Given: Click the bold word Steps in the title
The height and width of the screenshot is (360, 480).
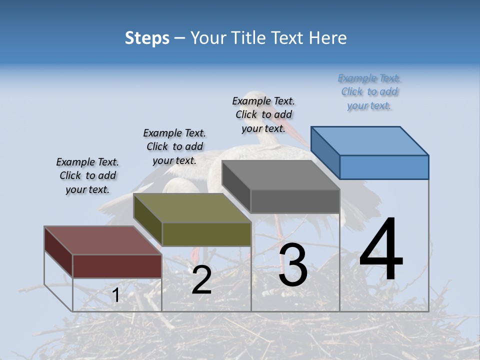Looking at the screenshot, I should (x=147, y=38).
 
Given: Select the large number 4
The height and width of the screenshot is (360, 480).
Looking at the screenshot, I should (x=381, y=250).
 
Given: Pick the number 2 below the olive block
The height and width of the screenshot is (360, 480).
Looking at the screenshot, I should (x=201, y=280).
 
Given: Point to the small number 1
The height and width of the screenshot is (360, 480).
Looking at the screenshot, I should (x=115, y=295).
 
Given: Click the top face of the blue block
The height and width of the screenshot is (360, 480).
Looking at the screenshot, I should (x=370, y=140).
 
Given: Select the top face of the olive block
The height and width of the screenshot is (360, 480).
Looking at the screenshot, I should (x=192, y=208).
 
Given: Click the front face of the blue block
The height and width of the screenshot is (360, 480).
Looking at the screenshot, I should (x=384, y=167).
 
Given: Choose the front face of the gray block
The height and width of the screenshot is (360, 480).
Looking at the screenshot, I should (x=295, y=201).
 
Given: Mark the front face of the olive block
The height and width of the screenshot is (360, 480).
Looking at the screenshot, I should (x=206, y=234).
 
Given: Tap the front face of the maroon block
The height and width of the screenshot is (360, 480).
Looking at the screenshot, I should (x=117, y=266).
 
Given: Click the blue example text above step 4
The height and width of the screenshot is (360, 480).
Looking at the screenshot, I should (x=369, y=92).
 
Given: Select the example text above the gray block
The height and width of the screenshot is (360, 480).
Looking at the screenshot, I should (x=263, y=115).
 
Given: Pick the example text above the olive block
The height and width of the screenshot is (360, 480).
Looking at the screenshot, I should (x=174, y=146).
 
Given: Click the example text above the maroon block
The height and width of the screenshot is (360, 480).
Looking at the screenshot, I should (x=87, y=176).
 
